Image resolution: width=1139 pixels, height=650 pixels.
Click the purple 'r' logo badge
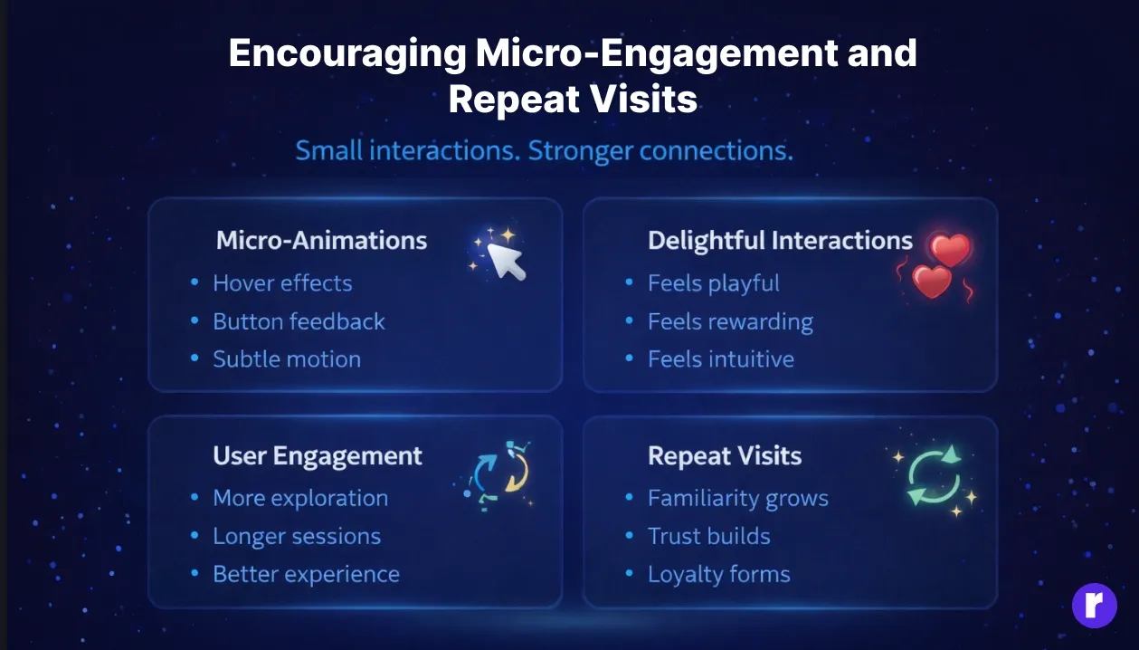[x=1094, y=605]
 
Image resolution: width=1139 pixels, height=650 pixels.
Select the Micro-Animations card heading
[x=321, y=240]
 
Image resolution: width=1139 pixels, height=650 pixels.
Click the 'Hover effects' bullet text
[x=282, y=283]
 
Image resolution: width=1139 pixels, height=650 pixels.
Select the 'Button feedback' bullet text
[x=299, y=321]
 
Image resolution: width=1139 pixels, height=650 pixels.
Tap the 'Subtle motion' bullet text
[x=287, y=359]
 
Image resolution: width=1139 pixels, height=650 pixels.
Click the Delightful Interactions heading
[x=780, y=240]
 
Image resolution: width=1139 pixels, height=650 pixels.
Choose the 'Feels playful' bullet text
[x=713, y=283]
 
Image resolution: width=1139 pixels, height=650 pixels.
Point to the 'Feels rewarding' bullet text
[x=730, y=321]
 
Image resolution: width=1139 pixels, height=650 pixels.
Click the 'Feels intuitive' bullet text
[x=720, y=359]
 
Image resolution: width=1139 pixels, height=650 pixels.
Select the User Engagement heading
[x=318, y=455]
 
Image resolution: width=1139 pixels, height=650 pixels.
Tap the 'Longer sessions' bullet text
[x=297, y=536]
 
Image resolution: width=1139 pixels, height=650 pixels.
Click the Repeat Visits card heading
[x=725, y=455]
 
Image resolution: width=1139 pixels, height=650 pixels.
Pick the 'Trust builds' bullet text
[x=708, y=536]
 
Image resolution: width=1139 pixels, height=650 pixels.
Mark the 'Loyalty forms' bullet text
[x=718, y=574]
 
